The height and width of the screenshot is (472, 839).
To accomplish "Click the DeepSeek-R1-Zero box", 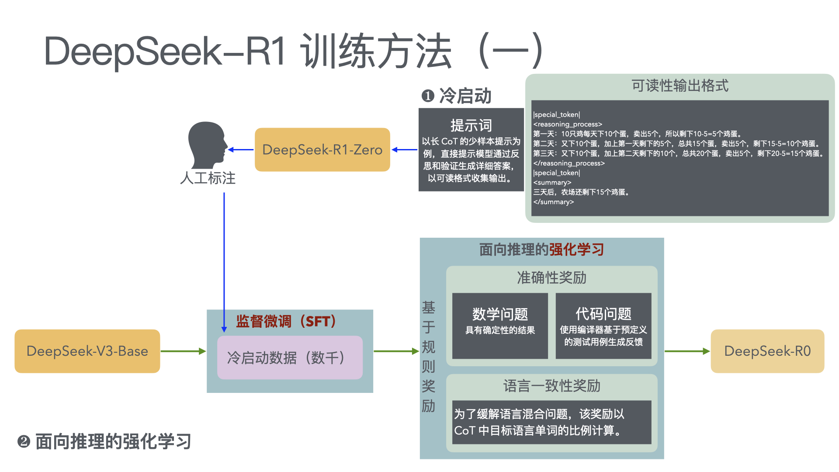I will tap(322, 149).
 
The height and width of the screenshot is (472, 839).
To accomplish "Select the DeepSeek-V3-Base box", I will tap(87, 351).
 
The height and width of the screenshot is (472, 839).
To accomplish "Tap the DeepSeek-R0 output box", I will tap(767, 351).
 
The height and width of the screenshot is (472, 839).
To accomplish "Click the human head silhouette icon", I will tap(207, 145).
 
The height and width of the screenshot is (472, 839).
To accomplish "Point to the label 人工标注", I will tap(208, 178).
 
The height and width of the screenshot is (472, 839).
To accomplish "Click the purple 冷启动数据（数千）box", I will tap(289, 357).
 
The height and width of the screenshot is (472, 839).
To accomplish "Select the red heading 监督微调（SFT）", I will tap(286, 322).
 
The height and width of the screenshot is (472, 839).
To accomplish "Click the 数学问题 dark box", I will tap(500, 326).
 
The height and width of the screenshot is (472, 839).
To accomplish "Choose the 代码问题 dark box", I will tap(603, 326).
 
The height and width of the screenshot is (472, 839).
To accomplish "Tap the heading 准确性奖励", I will tap(551, 278).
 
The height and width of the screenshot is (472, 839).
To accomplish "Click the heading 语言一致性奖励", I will tap(551, 386).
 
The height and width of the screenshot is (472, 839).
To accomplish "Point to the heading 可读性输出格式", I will tap(680, 86).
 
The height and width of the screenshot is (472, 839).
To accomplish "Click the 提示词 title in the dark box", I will tap(471, 125).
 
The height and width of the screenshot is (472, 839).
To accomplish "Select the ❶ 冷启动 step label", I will tap(456, 96).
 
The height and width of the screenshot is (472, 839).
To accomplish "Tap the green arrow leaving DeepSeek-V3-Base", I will tap(183, 351).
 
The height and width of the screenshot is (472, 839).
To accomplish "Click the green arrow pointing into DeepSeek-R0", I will tap(687, 351).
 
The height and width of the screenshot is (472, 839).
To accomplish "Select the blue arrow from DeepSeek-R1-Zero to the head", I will tap(241, 149).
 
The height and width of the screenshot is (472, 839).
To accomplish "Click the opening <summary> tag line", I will tap(552, 183).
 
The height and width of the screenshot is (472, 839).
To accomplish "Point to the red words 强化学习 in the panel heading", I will tap(576, 250).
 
